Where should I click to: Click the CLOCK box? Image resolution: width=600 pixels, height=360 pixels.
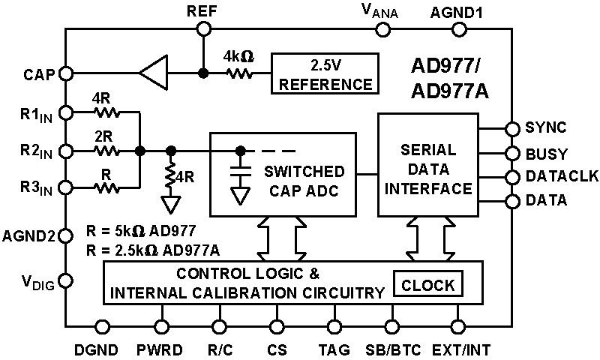pyautogui.click(x=428, y=285)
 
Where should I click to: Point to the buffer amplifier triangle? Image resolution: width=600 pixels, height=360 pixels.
pyautogui.click(x=154, y=73)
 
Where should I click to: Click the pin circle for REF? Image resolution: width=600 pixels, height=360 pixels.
pyautogui.click(x=203, y=28)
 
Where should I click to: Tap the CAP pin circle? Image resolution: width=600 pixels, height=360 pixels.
pyautogui.click(x=66, y=73)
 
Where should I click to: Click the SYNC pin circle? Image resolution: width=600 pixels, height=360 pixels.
pyautogui.click(x=512, y=128)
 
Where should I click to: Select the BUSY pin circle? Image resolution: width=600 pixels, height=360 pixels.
pyautogui.click(x=512, y=153)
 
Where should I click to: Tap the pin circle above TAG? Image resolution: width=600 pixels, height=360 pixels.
pyautogui.click(x=334, y=326)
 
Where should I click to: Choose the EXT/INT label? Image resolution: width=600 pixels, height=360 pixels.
pyautogui.click(x=460, y=349)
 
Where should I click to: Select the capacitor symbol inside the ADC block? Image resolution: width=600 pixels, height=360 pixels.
pyautogui.click(x=240, y=169)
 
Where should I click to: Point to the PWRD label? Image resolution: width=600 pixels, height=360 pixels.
pyautogui.click(x=159, y=349)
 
